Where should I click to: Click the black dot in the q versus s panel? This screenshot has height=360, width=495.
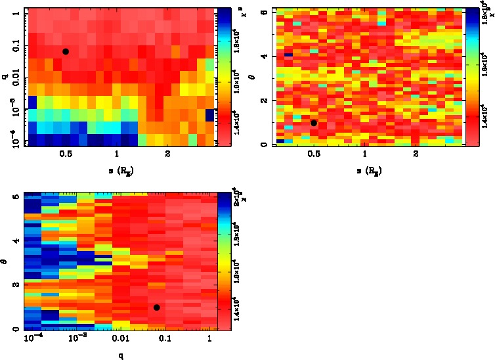(x=66, y=51)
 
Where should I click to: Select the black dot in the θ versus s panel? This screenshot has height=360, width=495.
(x=314, y=123)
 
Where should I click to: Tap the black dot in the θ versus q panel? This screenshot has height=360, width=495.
(x=156, y=307)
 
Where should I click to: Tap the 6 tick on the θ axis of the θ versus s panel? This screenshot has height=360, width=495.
(x=264, y=12)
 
